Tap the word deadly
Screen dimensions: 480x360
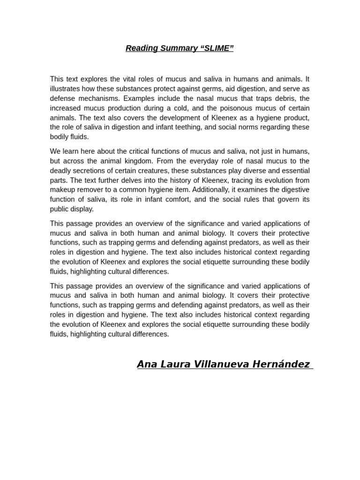click(x=61, y=171)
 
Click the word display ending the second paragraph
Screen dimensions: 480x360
click(x=83, y=209)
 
